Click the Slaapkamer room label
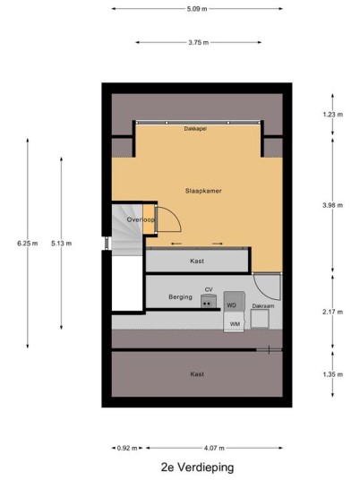[x=203, y=191]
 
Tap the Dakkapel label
[x=195, y=129]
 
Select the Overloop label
[x=141, y=219]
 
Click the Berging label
[x=180, y=297]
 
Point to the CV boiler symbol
[x=209, y=301]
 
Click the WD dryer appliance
[x=235, y=302]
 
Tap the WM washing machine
[x=235, y=322]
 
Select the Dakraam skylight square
[x=260, y=319]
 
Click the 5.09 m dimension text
[x=197, y=9]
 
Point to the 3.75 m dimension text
[x=199, y=43]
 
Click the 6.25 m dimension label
[x=28, y=244]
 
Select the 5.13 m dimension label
[x=61, y=244]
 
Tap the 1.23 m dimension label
[x=333, y=115]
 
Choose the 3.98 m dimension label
[x=333, y=205]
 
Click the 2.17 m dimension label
[x=333, y=312]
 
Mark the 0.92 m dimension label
[x=127, y=448]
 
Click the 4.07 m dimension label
[x=214, y=448]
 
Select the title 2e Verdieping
[x=197, y=467]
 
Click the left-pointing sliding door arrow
[x=176, y=244]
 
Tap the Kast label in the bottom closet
[x=197, y=374]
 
